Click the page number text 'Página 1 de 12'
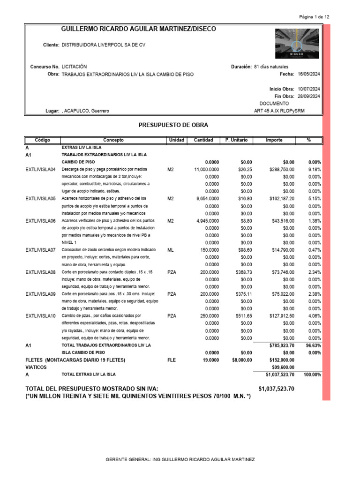point(314,17)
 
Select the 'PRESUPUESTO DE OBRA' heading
point(173,125)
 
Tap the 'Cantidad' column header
point(203,140)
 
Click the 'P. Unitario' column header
point(236,140)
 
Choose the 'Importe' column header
point(274,140)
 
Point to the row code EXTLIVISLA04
point(40,169)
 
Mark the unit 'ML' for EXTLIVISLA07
point(170,250)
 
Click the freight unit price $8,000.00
point(240,360)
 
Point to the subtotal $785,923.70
point(282,345)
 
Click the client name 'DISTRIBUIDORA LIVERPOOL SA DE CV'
point(104,45)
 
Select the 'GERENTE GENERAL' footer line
point(180,460)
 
